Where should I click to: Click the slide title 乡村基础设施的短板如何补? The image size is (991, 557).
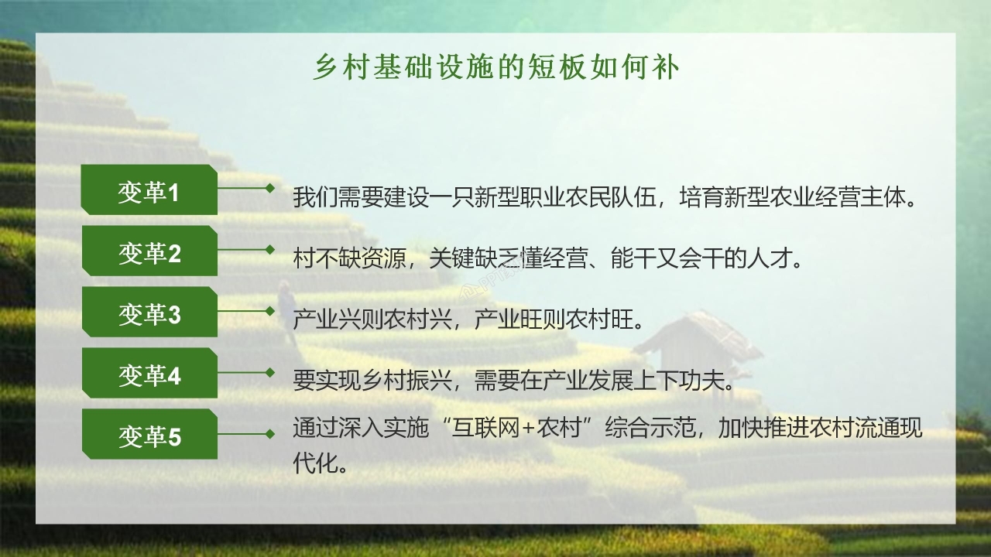tap(495, 68)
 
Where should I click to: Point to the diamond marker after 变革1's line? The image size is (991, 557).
tap(269, 188)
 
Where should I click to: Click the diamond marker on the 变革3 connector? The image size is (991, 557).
tap(269, 310)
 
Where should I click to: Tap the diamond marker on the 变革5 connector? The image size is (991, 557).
tap(269, 433)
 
